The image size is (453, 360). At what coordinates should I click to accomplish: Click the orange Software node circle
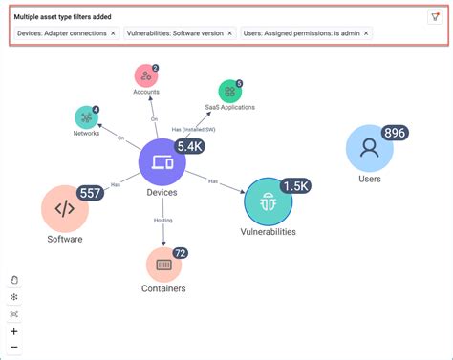click(65, 209)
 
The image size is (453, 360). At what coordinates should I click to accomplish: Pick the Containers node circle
click(163, 265)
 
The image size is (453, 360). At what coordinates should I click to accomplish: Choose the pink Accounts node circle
click(144, 76)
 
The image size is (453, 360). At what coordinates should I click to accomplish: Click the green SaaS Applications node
click(229, 92)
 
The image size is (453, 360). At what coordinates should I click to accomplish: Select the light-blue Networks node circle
click(87, 117)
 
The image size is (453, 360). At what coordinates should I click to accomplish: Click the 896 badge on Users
click(395, 133)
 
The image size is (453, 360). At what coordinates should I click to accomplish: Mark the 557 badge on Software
click(90, 194)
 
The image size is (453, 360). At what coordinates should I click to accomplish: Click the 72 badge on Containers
click(179, 253)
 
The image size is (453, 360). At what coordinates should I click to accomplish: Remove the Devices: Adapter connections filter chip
click(113, 33)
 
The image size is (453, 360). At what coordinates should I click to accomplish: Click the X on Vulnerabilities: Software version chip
click(229, 33)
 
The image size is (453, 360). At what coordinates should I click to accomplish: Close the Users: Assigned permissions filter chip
click(366, 33)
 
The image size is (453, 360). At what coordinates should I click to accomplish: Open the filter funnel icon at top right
click(435, 16)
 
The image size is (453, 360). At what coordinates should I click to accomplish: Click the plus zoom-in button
click(14, 331)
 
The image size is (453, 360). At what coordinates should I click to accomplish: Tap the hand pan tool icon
click(14, 280)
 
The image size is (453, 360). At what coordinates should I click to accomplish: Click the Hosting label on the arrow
click(162, 221)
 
